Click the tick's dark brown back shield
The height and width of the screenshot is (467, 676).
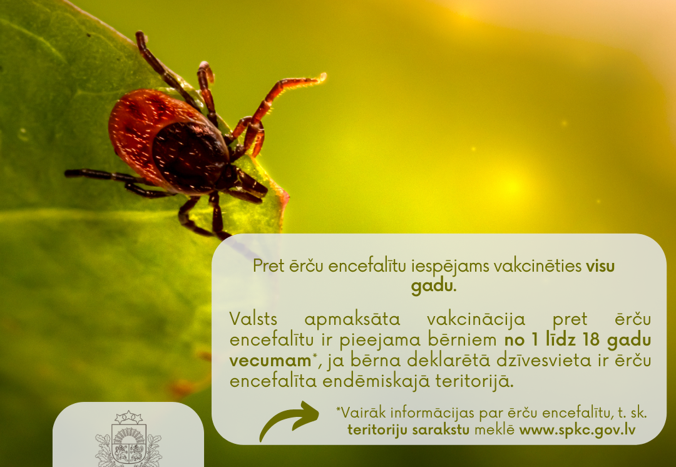click(x=190, y=156)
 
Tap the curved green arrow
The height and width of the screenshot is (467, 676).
click(x=288, y=420)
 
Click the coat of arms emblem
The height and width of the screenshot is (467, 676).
click(x=128, y=439)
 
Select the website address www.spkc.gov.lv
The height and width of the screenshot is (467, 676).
click(x=577, y=430)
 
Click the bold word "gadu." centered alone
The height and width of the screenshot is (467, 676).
click(x=434, y=286)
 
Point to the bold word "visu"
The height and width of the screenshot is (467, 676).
click(x=600, y=266)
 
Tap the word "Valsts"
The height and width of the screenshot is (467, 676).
click(x=253, y=319)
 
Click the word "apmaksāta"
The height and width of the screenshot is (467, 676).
click(x=352, y=320)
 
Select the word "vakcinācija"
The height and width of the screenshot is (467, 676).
click(x=476, y=320)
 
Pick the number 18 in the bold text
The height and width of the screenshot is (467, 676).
click(x=591, y=340)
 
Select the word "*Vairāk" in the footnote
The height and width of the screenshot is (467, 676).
click(x=359, y=413)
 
